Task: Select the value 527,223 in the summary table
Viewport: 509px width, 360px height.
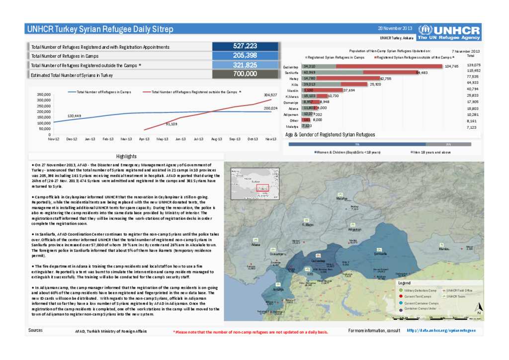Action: point(245,46)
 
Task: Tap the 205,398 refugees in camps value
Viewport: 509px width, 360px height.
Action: point(245,56)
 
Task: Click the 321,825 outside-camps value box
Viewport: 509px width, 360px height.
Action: point(245,65)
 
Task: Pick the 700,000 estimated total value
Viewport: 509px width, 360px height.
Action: point(245,74)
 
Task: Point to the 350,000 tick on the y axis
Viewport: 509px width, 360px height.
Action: point(44,94)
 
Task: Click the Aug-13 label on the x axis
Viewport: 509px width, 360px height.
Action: point(216,139)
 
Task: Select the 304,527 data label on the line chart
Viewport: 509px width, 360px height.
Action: point(270,94)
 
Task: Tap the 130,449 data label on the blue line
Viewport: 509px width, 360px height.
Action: point(74,116)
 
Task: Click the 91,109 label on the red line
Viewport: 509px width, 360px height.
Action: point(171,124)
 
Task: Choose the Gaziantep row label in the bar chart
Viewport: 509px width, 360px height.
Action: point(291,67)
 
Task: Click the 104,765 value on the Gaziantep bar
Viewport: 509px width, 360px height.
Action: point(451,66)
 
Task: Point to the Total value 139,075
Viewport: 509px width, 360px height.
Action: point(474,65)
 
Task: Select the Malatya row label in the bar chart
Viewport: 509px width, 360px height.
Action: point(292,127)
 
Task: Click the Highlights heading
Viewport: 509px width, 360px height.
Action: point(126,156)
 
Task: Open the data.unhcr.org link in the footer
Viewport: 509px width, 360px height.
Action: point(441,330)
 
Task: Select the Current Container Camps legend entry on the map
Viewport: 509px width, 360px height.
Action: point(421,303)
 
